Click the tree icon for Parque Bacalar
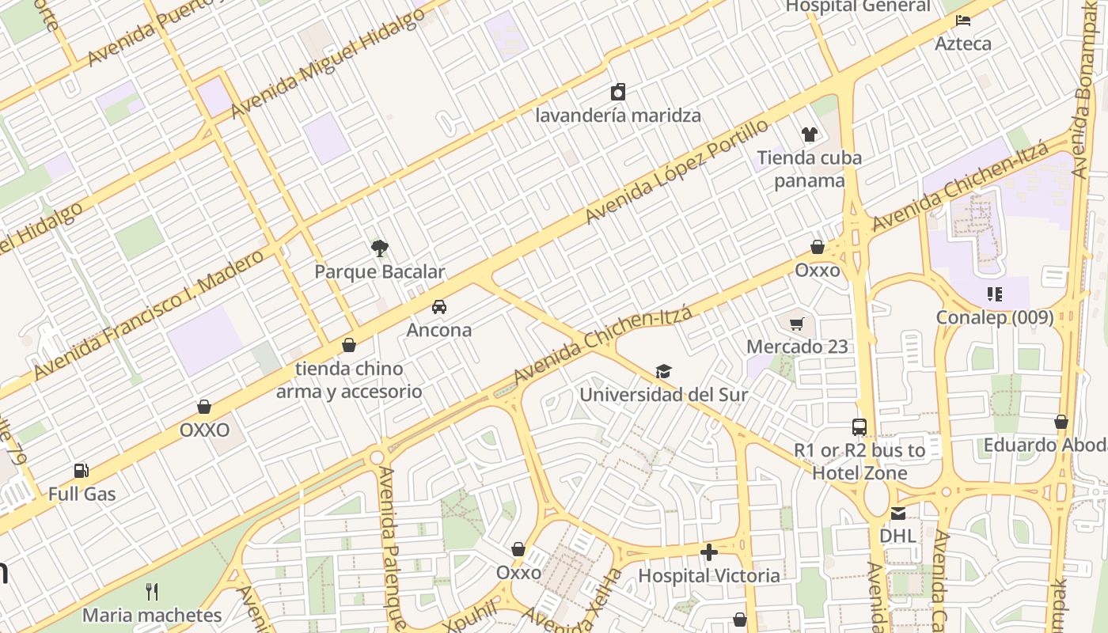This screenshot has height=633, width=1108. coord(380,248)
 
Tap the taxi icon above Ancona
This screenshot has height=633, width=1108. coord(438,307)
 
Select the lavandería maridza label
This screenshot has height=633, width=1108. coord(618,116)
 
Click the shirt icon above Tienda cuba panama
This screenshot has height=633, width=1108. coord(808,135)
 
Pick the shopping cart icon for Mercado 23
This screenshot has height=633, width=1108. coord(797,323)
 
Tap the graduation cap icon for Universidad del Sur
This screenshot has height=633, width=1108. coord(663,371)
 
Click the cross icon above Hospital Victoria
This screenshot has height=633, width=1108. coord(709,552)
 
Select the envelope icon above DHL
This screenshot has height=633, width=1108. coord(897,514)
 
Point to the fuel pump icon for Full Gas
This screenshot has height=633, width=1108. coord(82,471)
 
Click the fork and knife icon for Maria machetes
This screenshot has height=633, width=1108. coord(152,591)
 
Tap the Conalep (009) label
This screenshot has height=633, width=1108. coord(994,317)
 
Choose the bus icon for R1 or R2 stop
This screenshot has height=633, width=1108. coord(859,427)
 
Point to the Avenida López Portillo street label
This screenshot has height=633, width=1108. coord(677,172)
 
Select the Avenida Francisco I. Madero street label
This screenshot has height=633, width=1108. coord(148,314)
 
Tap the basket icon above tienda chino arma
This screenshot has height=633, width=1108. coord(348,345)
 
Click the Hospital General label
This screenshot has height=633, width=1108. coord(857,7)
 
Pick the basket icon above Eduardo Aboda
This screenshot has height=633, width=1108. coord(1061,422)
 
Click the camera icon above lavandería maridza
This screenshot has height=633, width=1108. coord(618,92)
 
